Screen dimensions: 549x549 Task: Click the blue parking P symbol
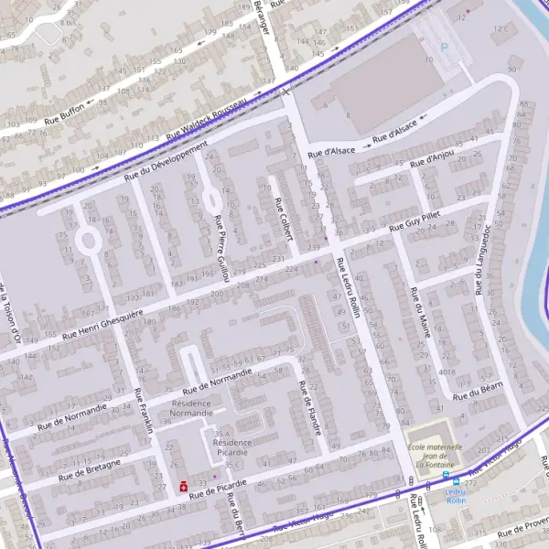446,48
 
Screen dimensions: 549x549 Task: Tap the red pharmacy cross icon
184,486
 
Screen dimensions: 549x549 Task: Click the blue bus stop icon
446,476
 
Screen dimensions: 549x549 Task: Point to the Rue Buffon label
65,108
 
